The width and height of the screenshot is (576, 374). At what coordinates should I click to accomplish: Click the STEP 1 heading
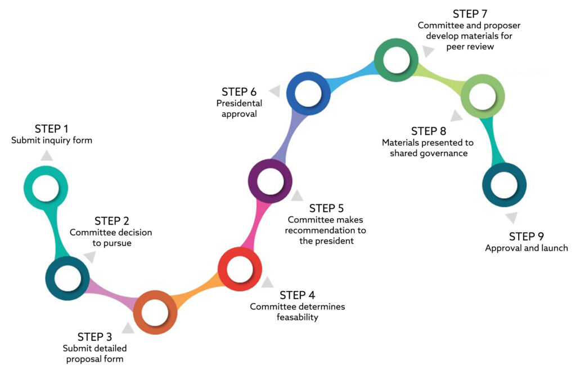tap(51, 129)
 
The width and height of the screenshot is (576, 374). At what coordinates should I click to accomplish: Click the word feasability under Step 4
tap(297, 317)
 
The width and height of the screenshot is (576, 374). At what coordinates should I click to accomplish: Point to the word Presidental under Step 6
tap(239, 103)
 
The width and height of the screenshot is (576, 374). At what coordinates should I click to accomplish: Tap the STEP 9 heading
tap(526, 236)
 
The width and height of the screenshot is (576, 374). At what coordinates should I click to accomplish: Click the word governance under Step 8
tap(444, 153)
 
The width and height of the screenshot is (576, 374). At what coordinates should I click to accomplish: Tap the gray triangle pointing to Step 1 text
tap(47, 156)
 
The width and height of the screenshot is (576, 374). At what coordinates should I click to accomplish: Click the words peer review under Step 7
tap(470, 47)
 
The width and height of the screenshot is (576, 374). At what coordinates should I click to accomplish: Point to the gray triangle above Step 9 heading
tap(512, 217)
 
